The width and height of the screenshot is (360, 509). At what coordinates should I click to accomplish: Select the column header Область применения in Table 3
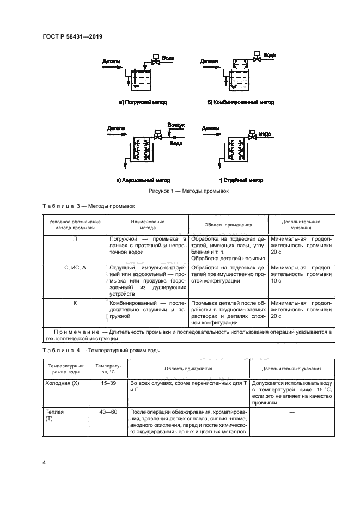(x=228, y=224)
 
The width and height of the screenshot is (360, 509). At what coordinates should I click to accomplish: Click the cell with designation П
(x=74, y=238)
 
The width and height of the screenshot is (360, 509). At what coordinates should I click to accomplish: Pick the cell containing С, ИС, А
(x=74, y=268)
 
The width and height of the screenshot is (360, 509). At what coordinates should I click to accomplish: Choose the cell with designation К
(x=74, y=302)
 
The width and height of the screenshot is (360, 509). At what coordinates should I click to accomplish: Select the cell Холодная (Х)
(x=61, y=383)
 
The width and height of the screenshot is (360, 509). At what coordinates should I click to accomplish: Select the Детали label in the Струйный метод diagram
(x=210, y=128)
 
